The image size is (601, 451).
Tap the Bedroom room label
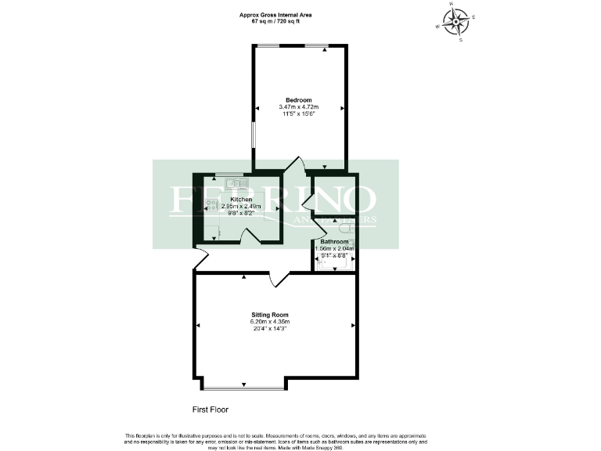point(299,99)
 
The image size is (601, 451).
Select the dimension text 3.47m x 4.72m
point(299,106)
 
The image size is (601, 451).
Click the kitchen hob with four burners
point(211,205)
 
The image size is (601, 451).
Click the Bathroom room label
point(334,242)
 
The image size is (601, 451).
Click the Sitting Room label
point(247,315)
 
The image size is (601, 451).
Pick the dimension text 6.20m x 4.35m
point(247,322)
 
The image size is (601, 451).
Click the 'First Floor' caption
point(211,410)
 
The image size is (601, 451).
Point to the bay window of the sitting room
point(244,386)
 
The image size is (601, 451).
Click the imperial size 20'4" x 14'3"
point(247,329)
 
